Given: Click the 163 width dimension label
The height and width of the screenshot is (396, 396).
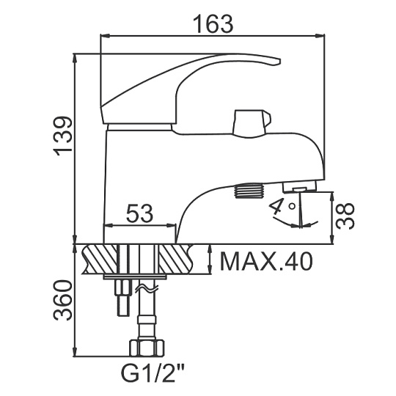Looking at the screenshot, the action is (x=213, y=23).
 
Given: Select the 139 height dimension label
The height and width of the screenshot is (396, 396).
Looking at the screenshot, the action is (x=62, y=136).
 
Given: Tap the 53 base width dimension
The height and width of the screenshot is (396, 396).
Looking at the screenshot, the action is (x=139, y=213).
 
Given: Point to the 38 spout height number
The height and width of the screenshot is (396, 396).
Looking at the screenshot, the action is (x=345, y=216).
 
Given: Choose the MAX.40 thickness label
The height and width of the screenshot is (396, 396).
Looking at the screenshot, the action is (x=266, y=262).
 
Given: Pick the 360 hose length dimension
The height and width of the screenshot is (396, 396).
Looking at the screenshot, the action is (x=62, y=300).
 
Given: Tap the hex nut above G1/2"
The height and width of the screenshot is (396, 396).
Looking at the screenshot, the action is (x=147, y=348).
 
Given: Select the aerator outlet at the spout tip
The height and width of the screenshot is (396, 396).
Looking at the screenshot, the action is (x=299, y=187).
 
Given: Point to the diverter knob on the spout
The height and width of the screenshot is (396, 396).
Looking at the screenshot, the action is (x=252, y=123).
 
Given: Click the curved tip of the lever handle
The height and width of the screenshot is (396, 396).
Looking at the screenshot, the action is (x=274, y=61).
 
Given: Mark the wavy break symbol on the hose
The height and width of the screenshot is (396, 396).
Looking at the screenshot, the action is (x=147, y=288).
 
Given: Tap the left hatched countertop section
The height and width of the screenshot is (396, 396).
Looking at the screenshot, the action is (x=100, y=259).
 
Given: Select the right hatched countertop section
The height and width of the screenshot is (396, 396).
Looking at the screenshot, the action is (x=177, y=259).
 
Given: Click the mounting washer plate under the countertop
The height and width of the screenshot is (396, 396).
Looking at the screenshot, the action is (x=135, y=277).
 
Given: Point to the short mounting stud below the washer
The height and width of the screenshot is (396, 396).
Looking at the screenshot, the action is (x=123, y=298).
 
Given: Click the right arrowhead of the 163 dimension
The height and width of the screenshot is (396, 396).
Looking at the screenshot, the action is (x=320, y=37).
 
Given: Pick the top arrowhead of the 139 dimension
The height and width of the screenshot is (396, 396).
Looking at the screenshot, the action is (x=75, y=58).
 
